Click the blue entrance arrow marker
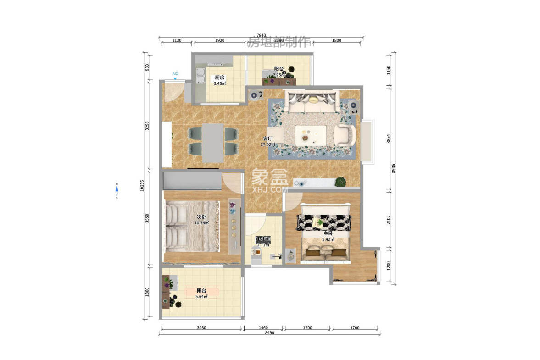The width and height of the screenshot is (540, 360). pos(175,78)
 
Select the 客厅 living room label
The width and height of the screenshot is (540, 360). pos(267,138)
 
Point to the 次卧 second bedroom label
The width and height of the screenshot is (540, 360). pos(201,217)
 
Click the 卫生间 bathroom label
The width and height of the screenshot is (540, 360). pos(263,239)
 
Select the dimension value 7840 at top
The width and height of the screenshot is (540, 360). pos(261,35)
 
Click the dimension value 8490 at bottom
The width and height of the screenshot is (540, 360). pos(269,333)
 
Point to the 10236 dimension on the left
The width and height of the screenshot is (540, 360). pos(143,185)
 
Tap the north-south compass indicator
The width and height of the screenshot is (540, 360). pos(117,191)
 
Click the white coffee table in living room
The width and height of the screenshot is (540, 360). pos(311,134)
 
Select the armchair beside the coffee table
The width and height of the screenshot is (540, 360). pos(345,135)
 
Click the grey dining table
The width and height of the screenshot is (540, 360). pos(213,142)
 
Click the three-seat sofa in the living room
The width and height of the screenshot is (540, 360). pos(312,102)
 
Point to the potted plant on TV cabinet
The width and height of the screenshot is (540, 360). pos(340,182)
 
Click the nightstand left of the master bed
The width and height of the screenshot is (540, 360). pos(291,256)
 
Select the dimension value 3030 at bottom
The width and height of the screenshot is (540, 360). pos(201,328)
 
